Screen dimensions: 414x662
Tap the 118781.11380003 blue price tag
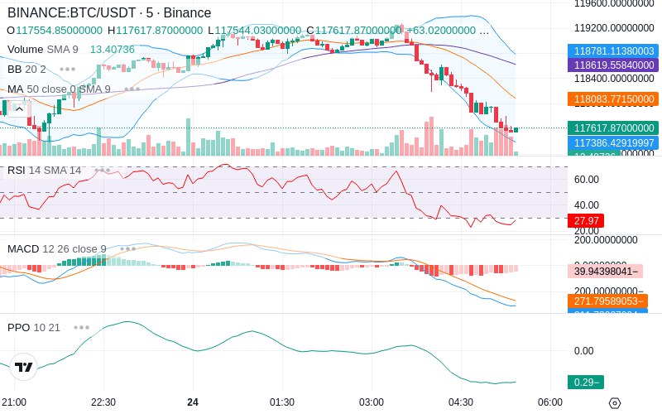pyautogui.click(x=613, y=51)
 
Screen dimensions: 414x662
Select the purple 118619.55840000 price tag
pyautogui.click(x=613, y=65)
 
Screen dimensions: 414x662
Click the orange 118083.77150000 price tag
pyautogui.click(x=613, y=99)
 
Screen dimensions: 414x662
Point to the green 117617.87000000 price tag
pyautogui.click(x=613, y=128)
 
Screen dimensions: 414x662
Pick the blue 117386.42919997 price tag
pyautogui.click(x=613, y=143)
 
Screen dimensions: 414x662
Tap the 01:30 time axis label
pyautogui.click(x=282, y=402)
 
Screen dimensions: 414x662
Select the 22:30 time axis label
pyautogui.click(x=103, y=402)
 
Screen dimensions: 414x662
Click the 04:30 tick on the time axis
pyautogui.click(x=461, y=402)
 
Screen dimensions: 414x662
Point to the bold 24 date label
pyautogui.click(x=193, y=402)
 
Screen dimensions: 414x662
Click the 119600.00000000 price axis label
pyautogui.click(x=613, y=3)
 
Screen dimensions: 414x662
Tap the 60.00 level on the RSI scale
pyautogui.click(x=587, y=180)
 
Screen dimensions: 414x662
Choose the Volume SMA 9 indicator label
pyautogui.click(x=43, y=50)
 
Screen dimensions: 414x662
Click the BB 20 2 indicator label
pyautogui.click(x=26, y=69)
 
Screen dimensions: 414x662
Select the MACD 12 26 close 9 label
pyautogui.click(x=57, y=248)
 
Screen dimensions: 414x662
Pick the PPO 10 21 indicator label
pyautogui.click(x=34, y=327)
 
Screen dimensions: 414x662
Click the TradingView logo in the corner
pyautogui.click(x=23, y=368)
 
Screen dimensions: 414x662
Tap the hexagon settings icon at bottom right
pyautogui.click(x=614, y=403)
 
